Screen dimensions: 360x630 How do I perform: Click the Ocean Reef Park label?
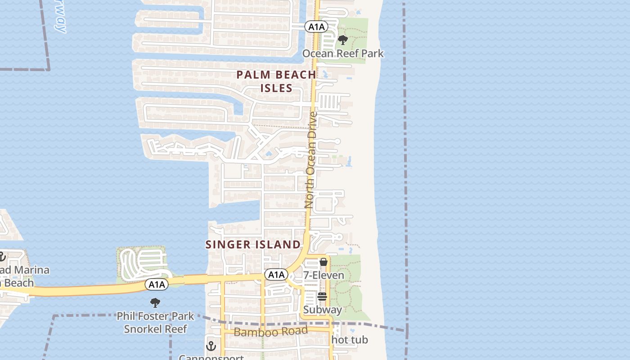tap(343, 54)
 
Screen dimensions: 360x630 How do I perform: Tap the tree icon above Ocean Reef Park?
tap(343, 40)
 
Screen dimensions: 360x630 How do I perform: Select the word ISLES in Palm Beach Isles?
tap(276, 88)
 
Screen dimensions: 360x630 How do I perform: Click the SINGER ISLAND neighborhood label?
tap(253, 244)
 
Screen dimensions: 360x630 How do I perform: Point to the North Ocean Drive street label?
tap(311, 160)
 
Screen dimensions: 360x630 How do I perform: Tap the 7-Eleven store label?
tap(324, 275)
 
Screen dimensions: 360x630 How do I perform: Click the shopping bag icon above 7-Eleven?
tap(323, 262)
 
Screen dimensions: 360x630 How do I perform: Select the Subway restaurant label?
tap(322, 310)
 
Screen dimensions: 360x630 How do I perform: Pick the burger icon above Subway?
tap(322, 297)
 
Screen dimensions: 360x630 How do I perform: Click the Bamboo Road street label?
tap(271, 332)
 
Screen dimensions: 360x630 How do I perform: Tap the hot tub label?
tap(350, 340)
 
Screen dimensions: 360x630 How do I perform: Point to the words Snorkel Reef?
tap(155, 329)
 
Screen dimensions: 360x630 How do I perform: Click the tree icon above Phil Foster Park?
tap(155, 302)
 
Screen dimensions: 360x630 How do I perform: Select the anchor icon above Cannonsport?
tap(211, 346)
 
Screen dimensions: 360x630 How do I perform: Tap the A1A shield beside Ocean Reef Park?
tap(316, 27)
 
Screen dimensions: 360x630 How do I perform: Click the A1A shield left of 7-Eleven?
tap(276, 274)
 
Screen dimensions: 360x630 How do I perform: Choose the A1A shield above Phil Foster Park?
tap(157, 284)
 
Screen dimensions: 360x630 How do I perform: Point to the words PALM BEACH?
tap(276, 75)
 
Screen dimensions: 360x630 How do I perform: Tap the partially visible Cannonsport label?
tap(211, 357)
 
